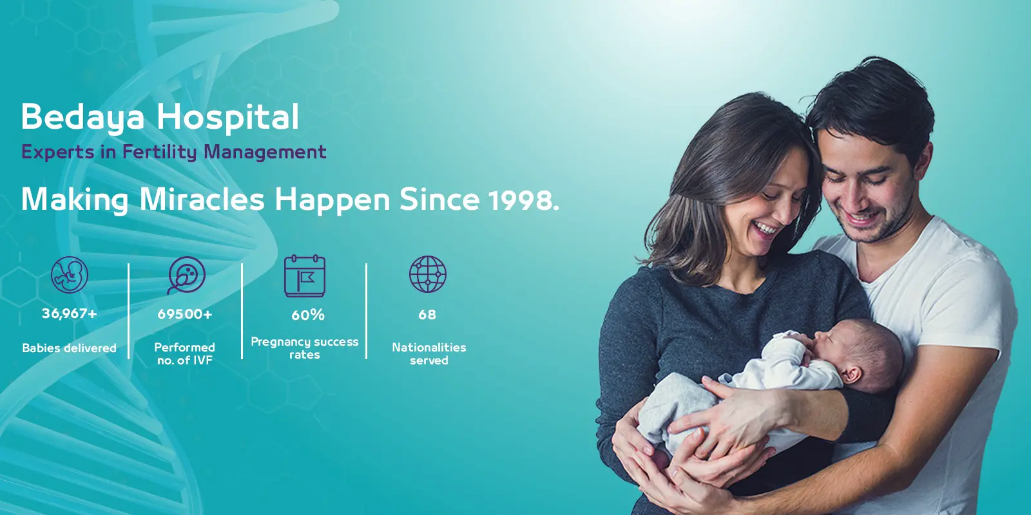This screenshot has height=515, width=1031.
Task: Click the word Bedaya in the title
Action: point(83,118)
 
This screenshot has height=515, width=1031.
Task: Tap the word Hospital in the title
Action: point(228,118)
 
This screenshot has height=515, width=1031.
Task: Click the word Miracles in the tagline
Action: point(202,200)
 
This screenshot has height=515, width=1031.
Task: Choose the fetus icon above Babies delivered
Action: point(70,274)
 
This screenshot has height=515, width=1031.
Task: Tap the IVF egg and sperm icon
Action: point(186,275)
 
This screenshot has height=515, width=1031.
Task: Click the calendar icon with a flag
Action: point(305,276)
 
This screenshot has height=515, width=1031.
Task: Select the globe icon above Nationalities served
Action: point(428,274)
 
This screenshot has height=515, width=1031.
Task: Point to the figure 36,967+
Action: point(70,314)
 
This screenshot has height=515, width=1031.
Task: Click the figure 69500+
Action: point(185,314)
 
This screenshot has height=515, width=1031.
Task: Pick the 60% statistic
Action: point(308,315)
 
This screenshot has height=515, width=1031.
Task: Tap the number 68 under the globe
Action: point(427,315)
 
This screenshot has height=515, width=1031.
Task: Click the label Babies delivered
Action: point(70,348)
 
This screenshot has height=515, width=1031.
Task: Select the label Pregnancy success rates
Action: point(305,348)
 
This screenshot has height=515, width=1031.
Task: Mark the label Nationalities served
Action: point(429,353)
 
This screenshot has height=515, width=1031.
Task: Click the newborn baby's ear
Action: point(851,375)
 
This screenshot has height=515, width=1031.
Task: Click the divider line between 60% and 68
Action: point(367,312)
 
